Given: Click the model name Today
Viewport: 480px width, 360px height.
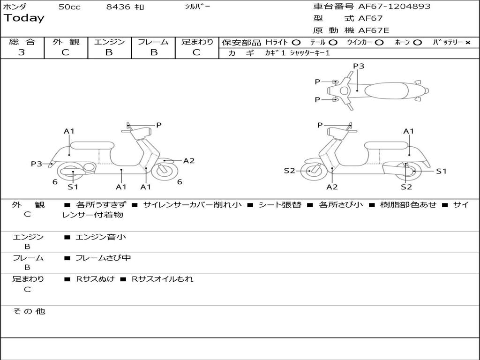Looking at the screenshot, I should point(24,18).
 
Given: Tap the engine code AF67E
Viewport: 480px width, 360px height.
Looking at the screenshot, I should point(374,31).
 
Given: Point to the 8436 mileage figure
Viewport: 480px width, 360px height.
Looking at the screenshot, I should point(119,7).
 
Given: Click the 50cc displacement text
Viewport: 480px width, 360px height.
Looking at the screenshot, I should point(69,7).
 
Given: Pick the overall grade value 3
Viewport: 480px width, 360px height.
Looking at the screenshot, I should point(22,52).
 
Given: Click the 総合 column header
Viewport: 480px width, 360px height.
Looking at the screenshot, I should point(22,42).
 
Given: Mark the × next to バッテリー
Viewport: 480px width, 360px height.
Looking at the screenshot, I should point(467,43).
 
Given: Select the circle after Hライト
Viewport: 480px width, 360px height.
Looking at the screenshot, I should point(296,43).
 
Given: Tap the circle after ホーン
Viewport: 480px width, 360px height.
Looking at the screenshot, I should point(417,43).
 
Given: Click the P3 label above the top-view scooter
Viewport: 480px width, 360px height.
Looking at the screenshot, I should point(359,66).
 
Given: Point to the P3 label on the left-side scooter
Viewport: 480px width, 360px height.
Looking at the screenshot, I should point(37,164).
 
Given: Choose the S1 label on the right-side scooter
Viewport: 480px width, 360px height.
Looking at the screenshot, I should point(441,171).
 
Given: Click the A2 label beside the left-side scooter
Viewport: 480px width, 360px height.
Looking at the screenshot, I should point(189,161).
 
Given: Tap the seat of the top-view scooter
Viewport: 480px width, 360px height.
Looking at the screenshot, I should point(386,90).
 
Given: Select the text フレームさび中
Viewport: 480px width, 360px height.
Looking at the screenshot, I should point(103,258).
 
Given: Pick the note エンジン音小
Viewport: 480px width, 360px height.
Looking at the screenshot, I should point(101,237).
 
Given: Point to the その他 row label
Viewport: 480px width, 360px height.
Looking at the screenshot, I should point(29,311).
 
